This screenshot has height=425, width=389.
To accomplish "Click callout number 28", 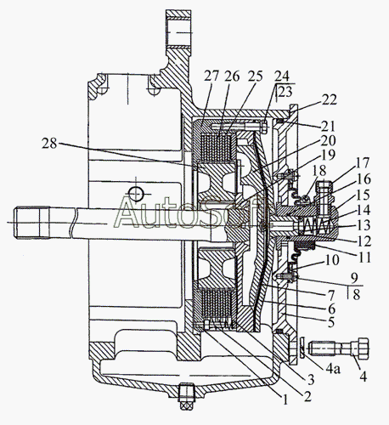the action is click(50, 144).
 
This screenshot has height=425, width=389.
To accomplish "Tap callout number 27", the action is click(211, 76).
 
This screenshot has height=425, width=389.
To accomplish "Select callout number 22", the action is click(330, 99).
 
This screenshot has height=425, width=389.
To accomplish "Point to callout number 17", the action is click(363, 162).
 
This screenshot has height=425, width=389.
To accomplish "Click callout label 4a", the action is click(333, 369).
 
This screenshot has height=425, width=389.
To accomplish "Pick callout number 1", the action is click(285, 399).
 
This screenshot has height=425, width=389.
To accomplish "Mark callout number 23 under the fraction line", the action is click(285, 92).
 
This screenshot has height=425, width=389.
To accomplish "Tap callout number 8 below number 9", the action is click(356, 294).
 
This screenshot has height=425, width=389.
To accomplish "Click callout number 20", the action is click(329, 140).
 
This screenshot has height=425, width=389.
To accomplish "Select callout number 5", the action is click(331, 322).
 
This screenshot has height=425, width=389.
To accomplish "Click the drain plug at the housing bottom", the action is click(187, 395).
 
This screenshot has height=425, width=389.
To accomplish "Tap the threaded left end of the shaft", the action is click(31, 223).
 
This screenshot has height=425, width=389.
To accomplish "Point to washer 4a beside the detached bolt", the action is click(302, 348).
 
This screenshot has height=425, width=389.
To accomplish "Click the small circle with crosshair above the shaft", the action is click(136, 195).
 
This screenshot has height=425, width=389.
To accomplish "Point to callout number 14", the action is click(363, 210).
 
